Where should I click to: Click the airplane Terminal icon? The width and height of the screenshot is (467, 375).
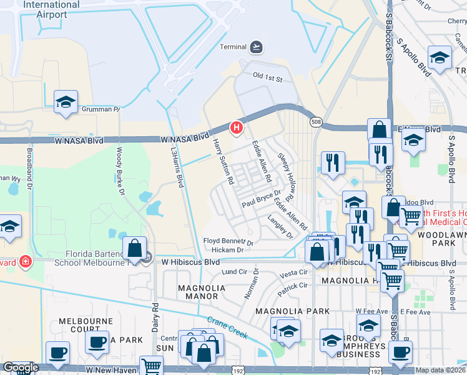(255, 47)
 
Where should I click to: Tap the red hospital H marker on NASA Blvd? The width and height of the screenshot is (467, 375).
(237, 127)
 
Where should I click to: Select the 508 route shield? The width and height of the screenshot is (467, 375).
(318, 122)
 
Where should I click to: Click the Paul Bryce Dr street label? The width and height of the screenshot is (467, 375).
(262, 199)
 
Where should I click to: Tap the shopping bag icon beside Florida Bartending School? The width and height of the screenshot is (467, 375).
(135, 248)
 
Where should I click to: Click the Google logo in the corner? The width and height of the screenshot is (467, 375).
(21, 368)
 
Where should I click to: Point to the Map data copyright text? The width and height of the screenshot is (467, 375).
(440, 370)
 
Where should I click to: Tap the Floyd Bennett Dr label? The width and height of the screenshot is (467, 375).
(229, 241)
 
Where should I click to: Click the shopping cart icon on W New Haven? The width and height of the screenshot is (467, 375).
(151, 366)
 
